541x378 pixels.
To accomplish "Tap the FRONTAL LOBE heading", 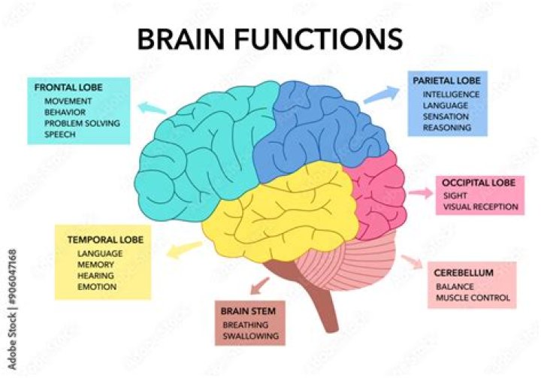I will [68, 87].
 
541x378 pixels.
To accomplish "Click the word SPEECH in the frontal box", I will [61, 134].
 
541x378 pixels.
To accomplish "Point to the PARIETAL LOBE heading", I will [448, 80].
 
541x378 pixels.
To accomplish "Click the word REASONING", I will [447, 128].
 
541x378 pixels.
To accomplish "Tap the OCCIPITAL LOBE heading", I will [479, 183].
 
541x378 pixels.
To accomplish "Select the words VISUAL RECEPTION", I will [480, 207].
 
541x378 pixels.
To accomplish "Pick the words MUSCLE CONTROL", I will [473, 298].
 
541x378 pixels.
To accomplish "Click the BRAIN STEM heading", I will [248, 310].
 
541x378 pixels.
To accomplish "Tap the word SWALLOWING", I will [251, 336].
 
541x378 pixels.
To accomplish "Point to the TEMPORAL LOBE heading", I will [105, 240].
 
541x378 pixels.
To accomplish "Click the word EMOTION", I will [96, 286].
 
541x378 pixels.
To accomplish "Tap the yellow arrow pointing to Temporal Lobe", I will [184, 249].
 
